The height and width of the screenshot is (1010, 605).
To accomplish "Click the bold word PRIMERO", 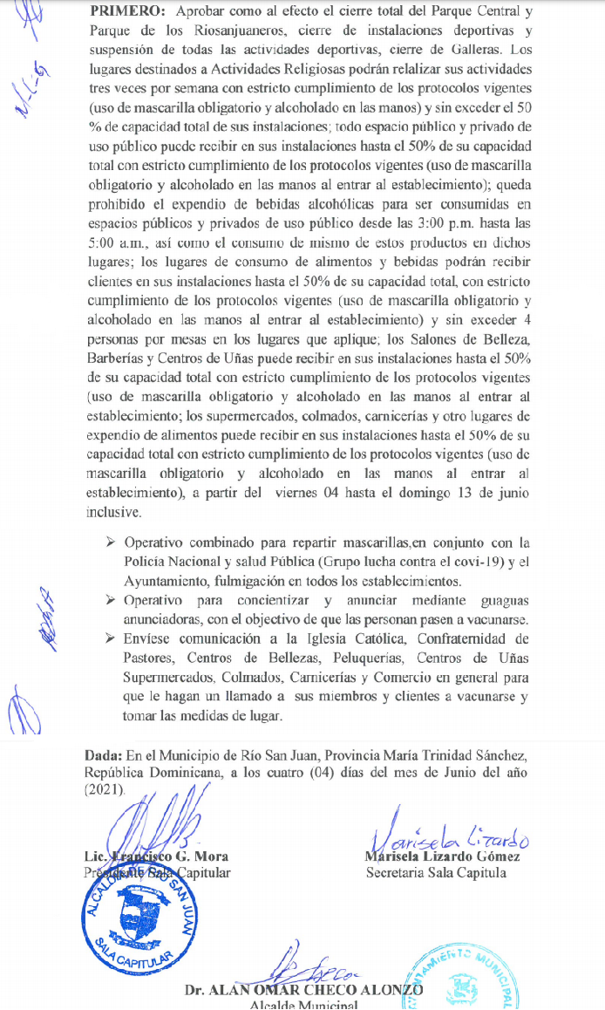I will pyautogui.click(x=127, y=12).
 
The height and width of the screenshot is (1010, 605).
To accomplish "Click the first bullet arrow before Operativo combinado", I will pyautogui.click(x=111, y=542).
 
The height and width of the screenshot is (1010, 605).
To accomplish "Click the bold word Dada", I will pyautogui.click(x=102, y=754).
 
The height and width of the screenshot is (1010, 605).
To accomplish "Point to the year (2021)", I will pyautogui.click(x=105, y=789).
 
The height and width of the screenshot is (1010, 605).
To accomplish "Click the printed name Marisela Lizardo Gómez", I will pyautogui.click(x=443, y=856).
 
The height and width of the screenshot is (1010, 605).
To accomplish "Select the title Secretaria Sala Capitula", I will pyautogui.click(x=436, y=872).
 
